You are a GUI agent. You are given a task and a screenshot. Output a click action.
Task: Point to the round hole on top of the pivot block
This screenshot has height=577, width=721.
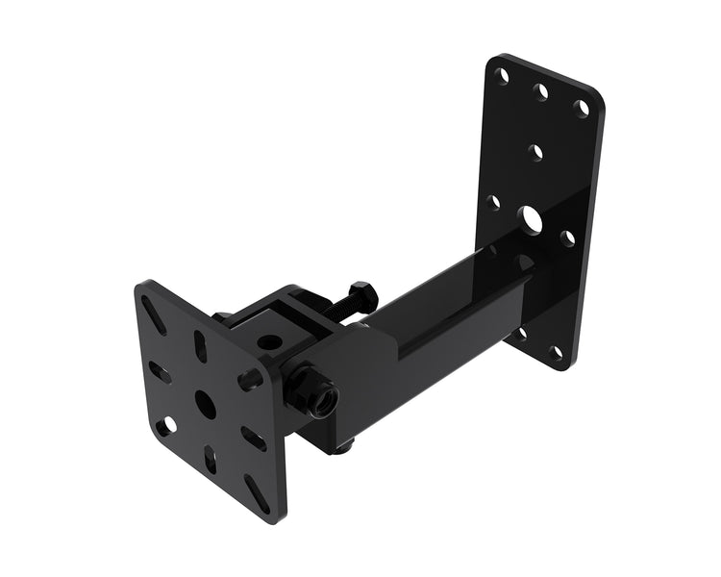[x=269, y=341]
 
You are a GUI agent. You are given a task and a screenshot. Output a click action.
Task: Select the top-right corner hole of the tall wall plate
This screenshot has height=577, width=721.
[x=582, y=107]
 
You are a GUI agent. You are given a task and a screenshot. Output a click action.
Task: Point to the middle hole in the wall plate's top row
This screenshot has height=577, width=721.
[x=541, y=90]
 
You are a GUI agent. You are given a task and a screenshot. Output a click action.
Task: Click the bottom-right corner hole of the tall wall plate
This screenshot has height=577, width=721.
[x=556, y=353]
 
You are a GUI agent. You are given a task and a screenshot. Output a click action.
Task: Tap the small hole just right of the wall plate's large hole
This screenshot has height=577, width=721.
[x=567, y=236]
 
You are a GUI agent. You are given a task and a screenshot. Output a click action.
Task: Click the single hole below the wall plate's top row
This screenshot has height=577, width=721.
[x=537, y=150]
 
